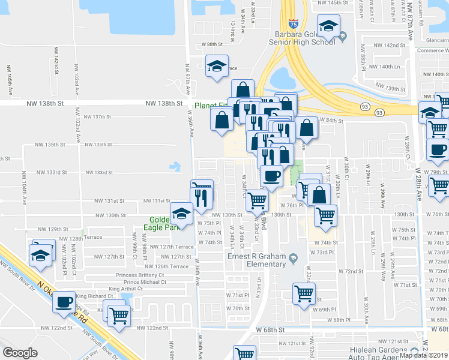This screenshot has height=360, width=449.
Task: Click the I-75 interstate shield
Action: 293,23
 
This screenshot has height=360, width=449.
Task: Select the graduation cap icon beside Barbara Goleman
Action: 328,26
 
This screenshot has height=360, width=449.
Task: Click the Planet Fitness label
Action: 212,106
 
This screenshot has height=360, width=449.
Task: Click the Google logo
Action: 20,353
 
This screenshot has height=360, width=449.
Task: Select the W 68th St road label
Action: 274,329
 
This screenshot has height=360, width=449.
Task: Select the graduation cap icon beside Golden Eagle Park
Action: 182,212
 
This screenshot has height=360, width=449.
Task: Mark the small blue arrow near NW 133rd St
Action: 175,166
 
